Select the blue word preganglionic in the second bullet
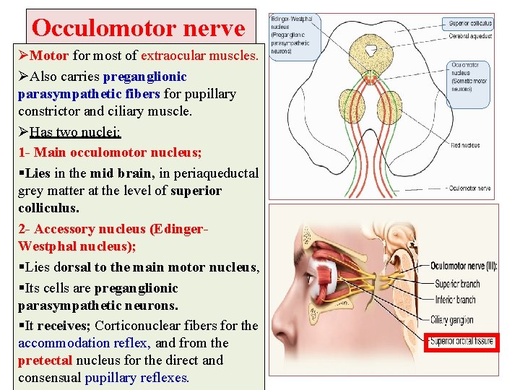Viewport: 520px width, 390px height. pyautogui.click(x=144, y=76)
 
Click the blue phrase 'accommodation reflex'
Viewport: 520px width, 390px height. pyautogui.click(x=85, y=343)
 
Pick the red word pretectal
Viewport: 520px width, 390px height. pyautogui.click(x=45, y=360)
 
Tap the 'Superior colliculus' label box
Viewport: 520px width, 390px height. pyautogui.click(x=470, y=23)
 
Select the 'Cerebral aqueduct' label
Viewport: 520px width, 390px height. pyautogui.click(x=471, y=35)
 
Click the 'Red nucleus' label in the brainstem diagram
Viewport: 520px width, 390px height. pyautogui.click(x=465, y=145)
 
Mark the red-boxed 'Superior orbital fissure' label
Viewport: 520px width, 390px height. pyautogui.click(x=461, y=342)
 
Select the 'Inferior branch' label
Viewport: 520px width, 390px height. pyautogui.click(x=455, y=300)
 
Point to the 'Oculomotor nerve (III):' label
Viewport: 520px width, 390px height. pyautogui.click(x=464, y=266)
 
